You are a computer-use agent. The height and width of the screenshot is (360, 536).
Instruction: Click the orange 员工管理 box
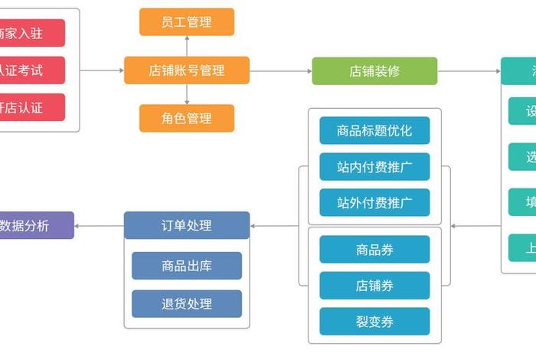(x=186, y=21)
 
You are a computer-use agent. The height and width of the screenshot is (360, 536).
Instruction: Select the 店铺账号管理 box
(x=186, y=70)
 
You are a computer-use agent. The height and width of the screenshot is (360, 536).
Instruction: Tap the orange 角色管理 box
(x=186, y=119)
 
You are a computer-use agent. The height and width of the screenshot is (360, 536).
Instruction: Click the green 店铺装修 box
(x=374, y=71)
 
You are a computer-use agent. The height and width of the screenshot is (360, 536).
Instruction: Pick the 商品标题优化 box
(x=374, y=131)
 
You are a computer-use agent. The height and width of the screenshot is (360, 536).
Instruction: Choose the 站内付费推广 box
(x=374, y=167)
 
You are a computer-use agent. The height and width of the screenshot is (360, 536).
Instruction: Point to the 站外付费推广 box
(x=374, y=203)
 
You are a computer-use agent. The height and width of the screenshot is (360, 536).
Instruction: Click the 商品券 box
(x=374, y=250)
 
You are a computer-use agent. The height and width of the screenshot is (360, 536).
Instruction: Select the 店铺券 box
(x=374, y=286)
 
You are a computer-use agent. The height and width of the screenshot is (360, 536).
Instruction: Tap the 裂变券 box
(x=374, y=322)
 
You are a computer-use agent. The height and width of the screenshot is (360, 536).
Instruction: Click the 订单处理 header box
(x=187, y=225)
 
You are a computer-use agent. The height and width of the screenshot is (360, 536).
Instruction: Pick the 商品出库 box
(x=187, y=266)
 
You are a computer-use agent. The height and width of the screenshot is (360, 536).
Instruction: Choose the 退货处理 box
(x=187, y=304)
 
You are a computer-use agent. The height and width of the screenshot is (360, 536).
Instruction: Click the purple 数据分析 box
(x=31, y=225)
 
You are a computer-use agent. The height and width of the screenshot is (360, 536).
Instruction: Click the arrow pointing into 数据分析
(x=99, y=226)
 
